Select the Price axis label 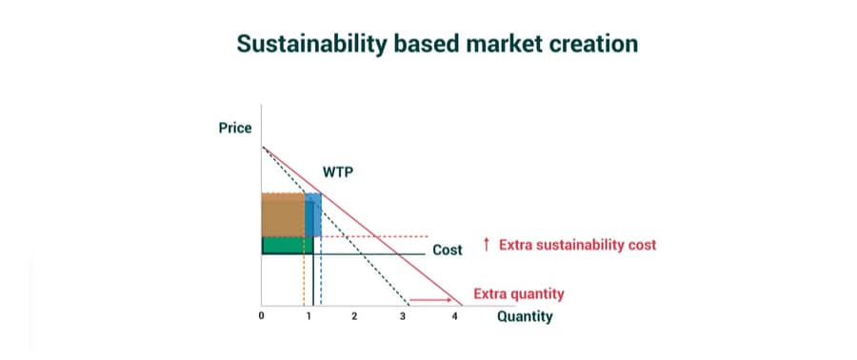coord(235,129)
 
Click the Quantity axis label coord(525,317)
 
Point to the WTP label coord(338,172)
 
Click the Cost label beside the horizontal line coord(448,250)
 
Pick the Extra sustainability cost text coord(577,245)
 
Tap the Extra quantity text coord(519,294)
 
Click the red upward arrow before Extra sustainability coord(487,244)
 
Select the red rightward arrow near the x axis coord(430,299)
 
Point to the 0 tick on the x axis coord(261,316)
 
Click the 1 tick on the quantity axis coord(309,316)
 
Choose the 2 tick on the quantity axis coord(354,316)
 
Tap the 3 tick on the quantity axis coord(403,316)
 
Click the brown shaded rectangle coord(283,214)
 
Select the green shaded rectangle coord(288,246)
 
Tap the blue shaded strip coord(313,214)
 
